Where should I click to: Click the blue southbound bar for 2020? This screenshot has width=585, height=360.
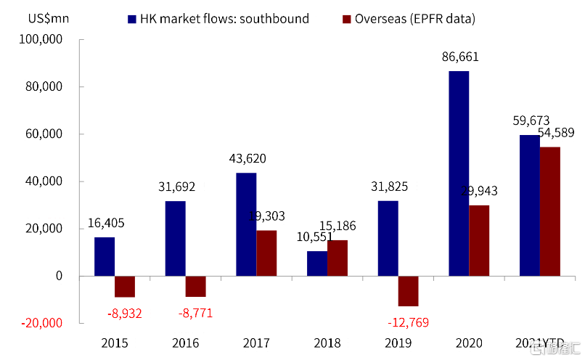tap(459, 173)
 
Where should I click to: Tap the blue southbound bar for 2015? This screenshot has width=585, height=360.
tap(105, 256)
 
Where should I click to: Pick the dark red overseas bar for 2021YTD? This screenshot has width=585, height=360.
tap(550, 211)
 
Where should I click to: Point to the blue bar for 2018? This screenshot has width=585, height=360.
tap(317, 263)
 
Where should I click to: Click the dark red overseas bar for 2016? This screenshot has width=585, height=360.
tap(196, 287)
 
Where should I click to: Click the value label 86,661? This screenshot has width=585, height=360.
tap(461, 57)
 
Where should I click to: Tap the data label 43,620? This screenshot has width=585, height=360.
tap(247, 158)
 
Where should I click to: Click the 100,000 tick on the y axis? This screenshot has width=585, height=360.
tap(47, 41)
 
